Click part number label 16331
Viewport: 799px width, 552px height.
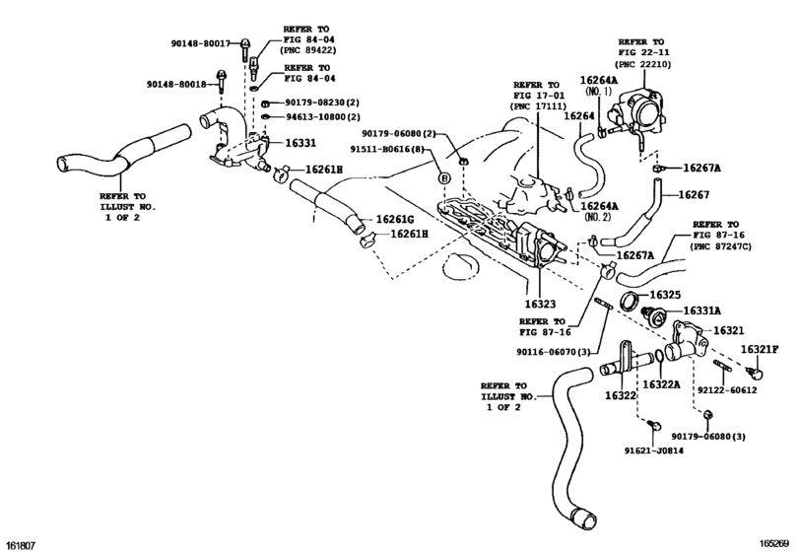pyautogui.click(x=300, y=143)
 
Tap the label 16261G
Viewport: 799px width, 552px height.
pyautogui.click(x=394, y=220)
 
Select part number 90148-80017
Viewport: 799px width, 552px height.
pyautogui.click(x=200, y=43)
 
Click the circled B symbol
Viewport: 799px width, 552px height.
pyautogui.click(x=445, y=177)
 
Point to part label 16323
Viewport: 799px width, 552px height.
pyautogui.click(x=540, y=305)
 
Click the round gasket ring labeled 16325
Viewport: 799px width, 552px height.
pyautogui.click(x=630, y=301)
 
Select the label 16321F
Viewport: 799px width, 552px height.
pyautogui.click(x=760, y=350)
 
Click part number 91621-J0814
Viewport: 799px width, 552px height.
pyautogui.click(x=654, y=450)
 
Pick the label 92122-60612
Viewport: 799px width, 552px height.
pyautogui.click(x=727, y=390)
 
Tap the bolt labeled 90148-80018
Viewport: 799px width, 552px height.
pyautogui.click(x=222, y=82)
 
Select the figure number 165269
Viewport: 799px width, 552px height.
pyautogui.click(x=774, y=544)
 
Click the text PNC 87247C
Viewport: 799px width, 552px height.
pyautogui.click(x=720, y=246)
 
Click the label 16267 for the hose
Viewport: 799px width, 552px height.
pyautogui.click(x=694, y=195)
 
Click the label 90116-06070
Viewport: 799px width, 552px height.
pyautogui.click(x=546, y=352)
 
